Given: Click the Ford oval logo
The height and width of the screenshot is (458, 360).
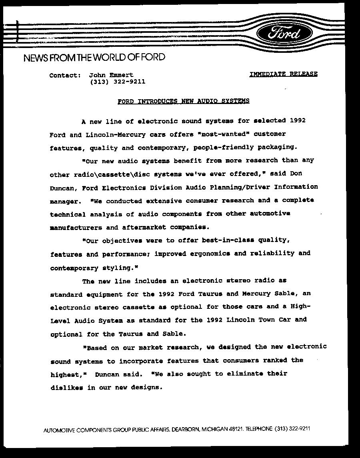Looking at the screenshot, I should pos(284,33).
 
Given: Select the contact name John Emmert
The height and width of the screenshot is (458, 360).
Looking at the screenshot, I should pos(111,75).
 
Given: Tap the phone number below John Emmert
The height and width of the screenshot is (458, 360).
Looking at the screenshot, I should pos(117,82).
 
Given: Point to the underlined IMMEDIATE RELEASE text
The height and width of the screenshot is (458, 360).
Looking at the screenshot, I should pos(284,74).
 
